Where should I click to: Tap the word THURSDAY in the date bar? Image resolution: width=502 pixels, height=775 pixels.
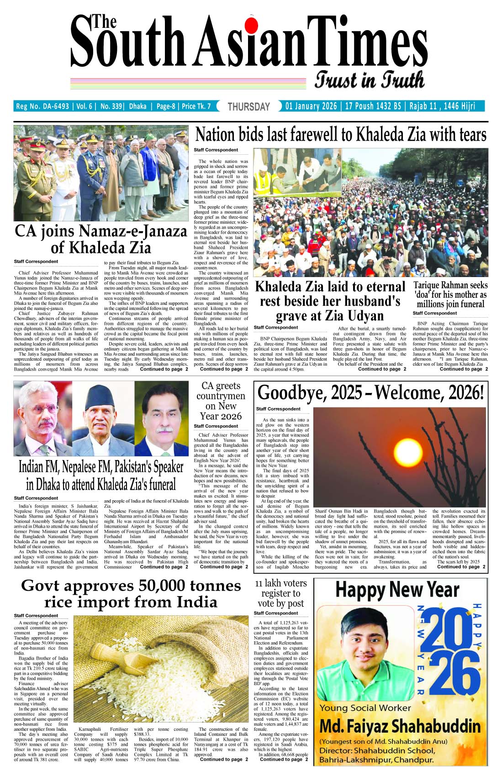click(249, 107)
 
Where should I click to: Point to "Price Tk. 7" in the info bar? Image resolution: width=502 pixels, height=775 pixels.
click(196, 106)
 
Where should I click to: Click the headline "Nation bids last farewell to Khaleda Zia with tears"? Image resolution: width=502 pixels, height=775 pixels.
click(341, 135)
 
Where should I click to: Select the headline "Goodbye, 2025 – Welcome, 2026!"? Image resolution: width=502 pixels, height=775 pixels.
click(370, 393)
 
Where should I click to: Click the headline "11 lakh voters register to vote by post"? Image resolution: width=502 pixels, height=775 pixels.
click(280, 593)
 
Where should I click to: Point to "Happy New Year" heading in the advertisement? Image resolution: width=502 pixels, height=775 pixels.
click(396, 590)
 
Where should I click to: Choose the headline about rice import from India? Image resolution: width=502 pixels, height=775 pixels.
click(131, 594)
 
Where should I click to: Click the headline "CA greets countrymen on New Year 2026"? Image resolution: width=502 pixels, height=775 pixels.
click(221, 401)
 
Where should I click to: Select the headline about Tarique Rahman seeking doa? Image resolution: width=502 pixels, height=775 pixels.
click(450, 295)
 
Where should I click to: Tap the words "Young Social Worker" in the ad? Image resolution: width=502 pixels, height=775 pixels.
click(365, 708)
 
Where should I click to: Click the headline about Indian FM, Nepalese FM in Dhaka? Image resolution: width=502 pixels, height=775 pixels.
click(101, 475)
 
